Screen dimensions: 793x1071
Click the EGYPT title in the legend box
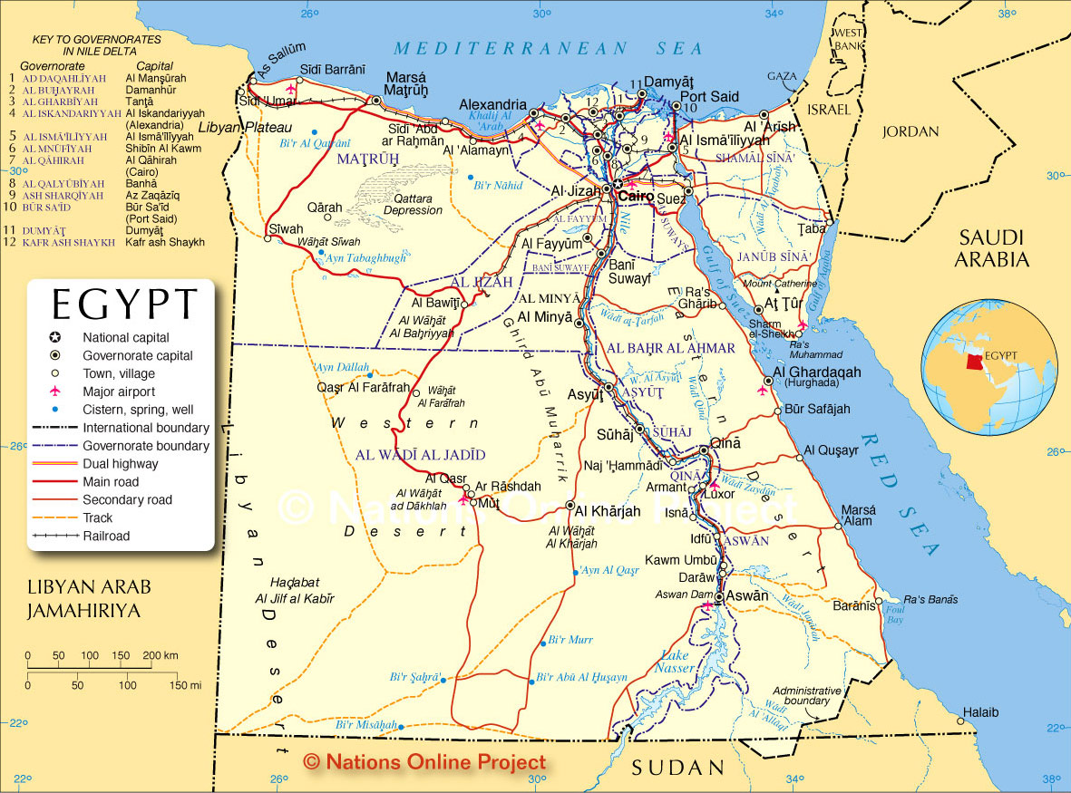click(x=124, y=304)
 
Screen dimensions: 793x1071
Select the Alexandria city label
click(x=492, y=104)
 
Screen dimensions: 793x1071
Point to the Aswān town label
click(x=748, y=596)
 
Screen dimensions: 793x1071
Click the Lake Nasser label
click(x=675, y=662)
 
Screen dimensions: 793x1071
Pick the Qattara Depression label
click(x=413, y=204)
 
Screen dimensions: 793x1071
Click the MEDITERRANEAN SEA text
click(x=548, y=48)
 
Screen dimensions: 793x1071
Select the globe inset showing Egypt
click(x=988, y=367)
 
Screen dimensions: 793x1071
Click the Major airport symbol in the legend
click(x=55, y=392)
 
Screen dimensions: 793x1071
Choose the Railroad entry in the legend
click(x=106, y=536)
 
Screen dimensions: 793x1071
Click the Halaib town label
click(x=980, y=712)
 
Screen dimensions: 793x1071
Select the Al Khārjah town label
click(x=608, y=511)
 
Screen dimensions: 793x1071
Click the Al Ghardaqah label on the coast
click(x=817, y=372)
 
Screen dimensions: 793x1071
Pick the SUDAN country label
click(x=679, y=768)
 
